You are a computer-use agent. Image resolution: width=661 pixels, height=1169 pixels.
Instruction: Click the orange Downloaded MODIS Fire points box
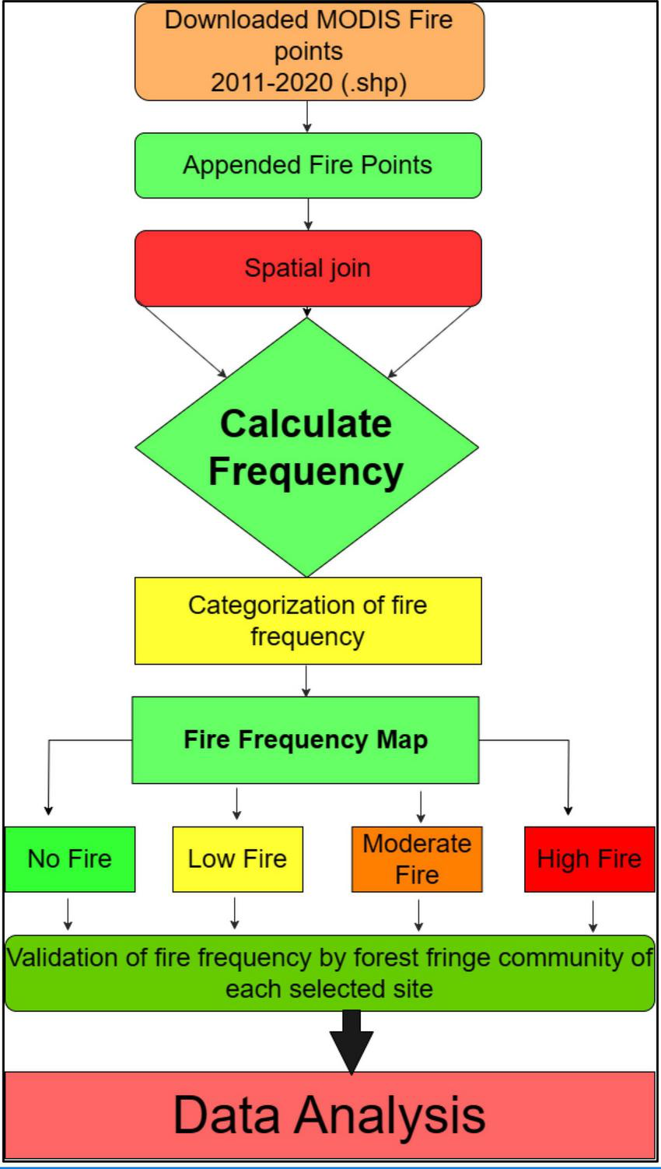click(x=309, y=51)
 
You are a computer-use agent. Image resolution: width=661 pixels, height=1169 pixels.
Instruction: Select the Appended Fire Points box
click(x=308, y=165)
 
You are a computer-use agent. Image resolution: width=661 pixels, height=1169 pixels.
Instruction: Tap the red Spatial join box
click(x=308, y=268)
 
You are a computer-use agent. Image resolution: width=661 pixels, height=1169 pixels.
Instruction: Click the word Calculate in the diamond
click(x=306, y=423)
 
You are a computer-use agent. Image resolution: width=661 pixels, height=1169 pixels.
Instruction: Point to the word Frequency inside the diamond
click(x=306, y=471)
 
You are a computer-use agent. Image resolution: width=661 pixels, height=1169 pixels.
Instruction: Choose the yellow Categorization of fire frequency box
click(x=308, y=620)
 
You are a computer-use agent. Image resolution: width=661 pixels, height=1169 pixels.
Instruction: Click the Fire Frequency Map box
click(x=306, y=739)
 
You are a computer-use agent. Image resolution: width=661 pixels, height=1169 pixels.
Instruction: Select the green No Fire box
click(x=70, y=858)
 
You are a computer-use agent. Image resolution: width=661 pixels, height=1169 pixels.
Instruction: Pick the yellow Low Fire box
click(x=237, y=858)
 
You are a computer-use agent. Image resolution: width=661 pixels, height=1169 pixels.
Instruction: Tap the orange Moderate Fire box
click(x=417, y=858)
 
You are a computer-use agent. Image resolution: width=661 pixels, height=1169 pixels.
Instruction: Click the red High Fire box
click(x=589, y=858)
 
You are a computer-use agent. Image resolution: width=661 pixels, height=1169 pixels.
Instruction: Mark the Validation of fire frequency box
click(x=330, y=973)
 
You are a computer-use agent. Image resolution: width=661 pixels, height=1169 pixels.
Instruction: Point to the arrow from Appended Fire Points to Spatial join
click(x=308, y=214)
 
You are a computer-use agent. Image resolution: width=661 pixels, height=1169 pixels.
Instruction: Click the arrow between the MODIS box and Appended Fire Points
click(x=308, y=117)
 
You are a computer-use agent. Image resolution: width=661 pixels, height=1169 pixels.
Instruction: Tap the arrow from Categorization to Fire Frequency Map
click(x=306, y=680)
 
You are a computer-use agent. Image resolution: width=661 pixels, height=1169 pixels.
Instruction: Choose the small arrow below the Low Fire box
click(x=235, y=914)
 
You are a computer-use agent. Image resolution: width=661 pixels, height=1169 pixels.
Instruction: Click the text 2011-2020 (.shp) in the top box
click(x=309, y=82)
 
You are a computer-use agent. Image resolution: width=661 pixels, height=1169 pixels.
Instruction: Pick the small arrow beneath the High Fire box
click(x=593, y=915)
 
